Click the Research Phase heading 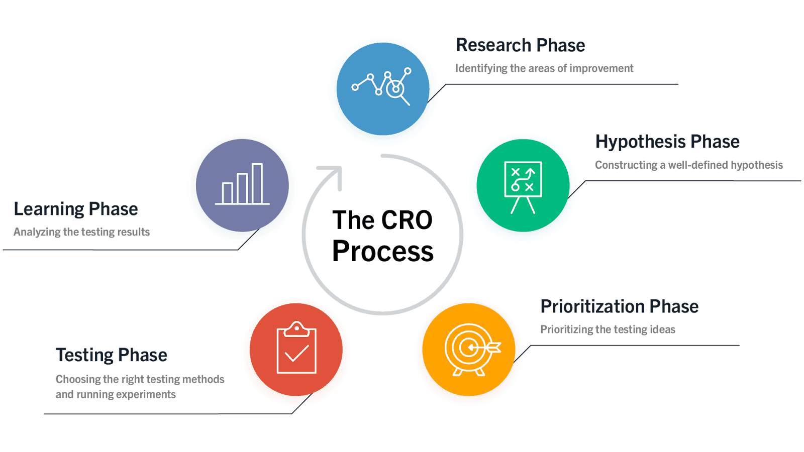(520, 46)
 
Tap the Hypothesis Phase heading (667, 142)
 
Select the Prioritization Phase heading (619, 306)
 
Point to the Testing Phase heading (112, 355)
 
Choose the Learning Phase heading (76, 209)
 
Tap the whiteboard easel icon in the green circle (523, 187)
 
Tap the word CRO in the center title (406, 220)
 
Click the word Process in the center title (382, 252)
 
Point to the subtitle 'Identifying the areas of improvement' (544, 68)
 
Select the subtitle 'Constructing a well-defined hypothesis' (689, 165)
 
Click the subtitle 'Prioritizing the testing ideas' (608, 329)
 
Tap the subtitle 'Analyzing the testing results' (81, 232)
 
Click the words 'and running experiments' (116, 395)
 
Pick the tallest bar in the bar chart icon (257, 183)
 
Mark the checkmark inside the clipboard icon (296, 354)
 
